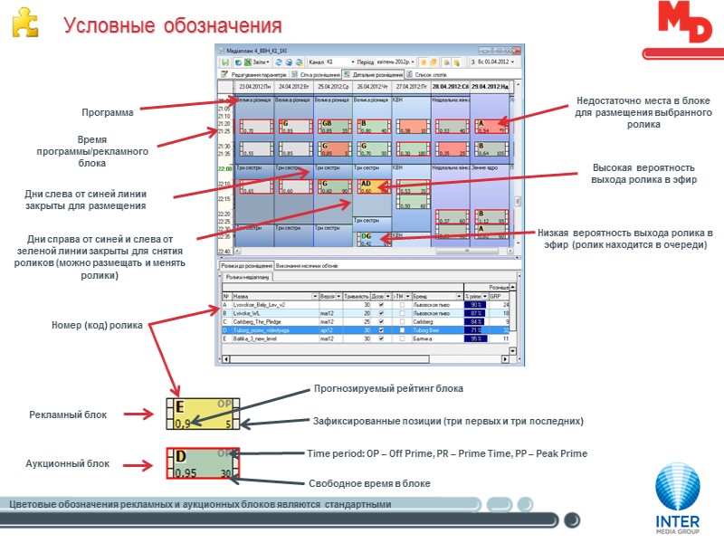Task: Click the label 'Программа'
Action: pyautogui.click(x=107, y=113)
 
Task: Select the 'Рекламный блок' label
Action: pyautogui.click(x=68, y=414)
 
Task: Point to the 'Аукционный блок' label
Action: pyautogui.click(x=68, y=464)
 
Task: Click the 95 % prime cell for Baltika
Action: pyautogui.click(x=474, y=338)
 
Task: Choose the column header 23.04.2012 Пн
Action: pyautogui.click(x=254, y=86)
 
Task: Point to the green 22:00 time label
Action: pyautogui.click(x=224, y=168)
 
